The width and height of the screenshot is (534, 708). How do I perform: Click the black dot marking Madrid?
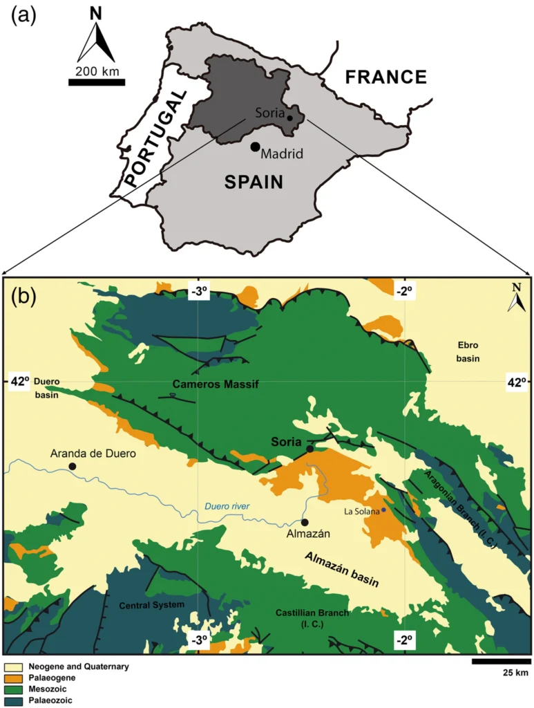[255, 146]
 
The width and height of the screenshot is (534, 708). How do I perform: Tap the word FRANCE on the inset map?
[386, 77]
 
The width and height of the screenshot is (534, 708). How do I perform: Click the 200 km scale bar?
[97, 82]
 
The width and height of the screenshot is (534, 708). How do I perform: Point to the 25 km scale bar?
[501, 661]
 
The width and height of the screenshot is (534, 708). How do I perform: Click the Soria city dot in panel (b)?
[309, 449]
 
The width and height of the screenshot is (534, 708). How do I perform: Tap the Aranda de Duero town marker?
[73, 467]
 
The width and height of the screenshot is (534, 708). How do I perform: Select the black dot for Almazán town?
[305, 522]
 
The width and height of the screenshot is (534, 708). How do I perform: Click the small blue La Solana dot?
[383, 510]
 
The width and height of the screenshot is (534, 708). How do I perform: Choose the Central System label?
[152, 605]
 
